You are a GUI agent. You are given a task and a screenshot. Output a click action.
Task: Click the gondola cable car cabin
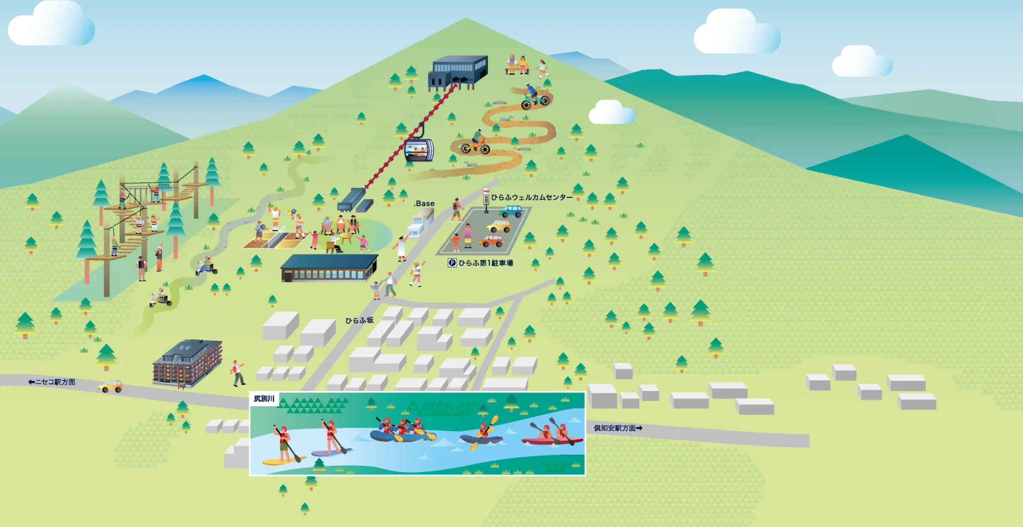pyautogui.click(x=419, y=150)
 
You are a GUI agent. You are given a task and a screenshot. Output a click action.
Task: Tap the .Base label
pyautogui.click(x=424, y=203)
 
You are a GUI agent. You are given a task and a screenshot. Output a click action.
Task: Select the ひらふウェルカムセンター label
pyautogui.click(x=532, y=197)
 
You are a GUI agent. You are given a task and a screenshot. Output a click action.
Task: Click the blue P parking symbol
pyautogui.click(x=452, y=262)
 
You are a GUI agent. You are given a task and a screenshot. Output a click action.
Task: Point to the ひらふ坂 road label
pyautogui.click(x=359, y=320)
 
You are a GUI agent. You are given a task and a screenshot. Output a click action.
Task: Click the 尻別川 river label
pyautogui.click(x=264, y=399)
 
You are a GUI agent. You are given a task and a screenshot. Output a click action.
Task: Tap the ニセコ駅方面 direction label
pyautogui.click(x=52, y=382)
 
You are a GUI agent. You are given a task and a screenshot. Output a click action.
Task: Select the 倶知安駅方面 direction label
pyautogui.click(x=618, y=428)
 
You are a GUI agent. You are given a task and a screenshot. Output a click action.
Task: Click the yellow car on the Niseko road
pyautogui.click(x=111, y=386)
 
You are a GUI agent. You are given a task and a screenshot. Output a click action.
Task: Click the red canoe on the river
pyautogui.click(x=552, y=441)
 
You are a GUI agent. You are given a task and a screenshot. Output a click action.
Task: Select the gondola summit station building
pyautogui.click(x=457, y=73)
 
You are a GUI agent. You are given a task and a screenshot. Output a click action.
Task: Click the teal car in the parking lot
pyautogui.click(x=511, y=211)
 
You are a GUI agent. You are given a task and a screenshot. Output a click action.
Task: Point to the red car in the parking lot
pyautogui.click(x=491, y=241)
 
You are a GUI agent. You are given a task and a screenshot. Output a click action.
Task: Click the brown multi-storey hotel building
pyautogui.click(x=187, y=363)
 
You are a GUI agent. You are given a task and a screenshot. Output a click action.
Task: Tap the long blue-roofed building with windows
pyautogui.click(x=329, y=268)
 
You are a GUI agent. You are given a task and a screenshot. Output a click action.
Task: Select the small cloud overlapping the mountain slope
pyautogui.click(x=612, y=112)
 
